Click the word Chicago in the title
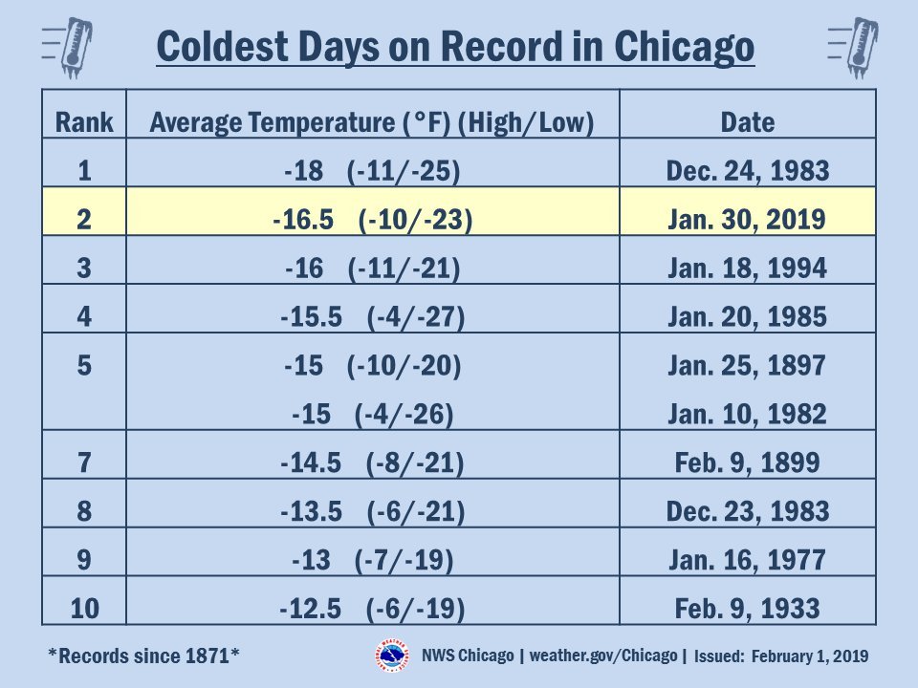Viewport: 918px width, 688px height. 684,47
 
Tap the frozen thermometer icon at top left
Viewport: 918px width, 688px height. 68,48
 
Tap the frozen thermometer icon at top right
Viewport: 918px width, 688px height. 854,48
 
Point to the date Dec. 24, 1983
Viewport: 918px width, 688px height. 748,171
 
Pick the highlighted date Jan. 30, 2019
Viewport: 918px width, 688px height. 747,220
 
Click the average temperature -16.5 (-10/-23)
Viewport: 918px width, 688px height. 372,220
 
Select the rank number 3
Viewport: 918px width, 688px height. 84,268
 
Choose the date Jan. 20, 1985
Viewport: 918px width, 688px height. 747,316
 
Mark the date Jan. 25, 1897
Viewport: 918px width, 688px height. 747,366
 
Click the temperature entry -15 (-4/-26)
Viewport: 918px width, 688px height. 373,414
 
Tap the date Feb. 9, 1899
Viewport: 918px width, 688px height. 747,462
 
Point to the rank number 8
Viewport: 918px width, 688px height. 84,510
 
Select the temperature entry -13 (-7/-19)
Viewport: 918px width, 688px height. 373,560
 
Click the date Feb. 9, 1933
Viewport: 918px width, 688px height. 747,609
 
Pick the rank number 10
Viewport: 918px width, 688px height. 84,609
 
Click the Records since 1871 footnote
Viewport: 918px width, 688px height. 143,656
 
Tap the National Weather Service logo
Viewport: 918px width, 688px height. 392,656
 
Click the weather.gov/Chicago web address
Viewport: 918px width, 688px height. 603,656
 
